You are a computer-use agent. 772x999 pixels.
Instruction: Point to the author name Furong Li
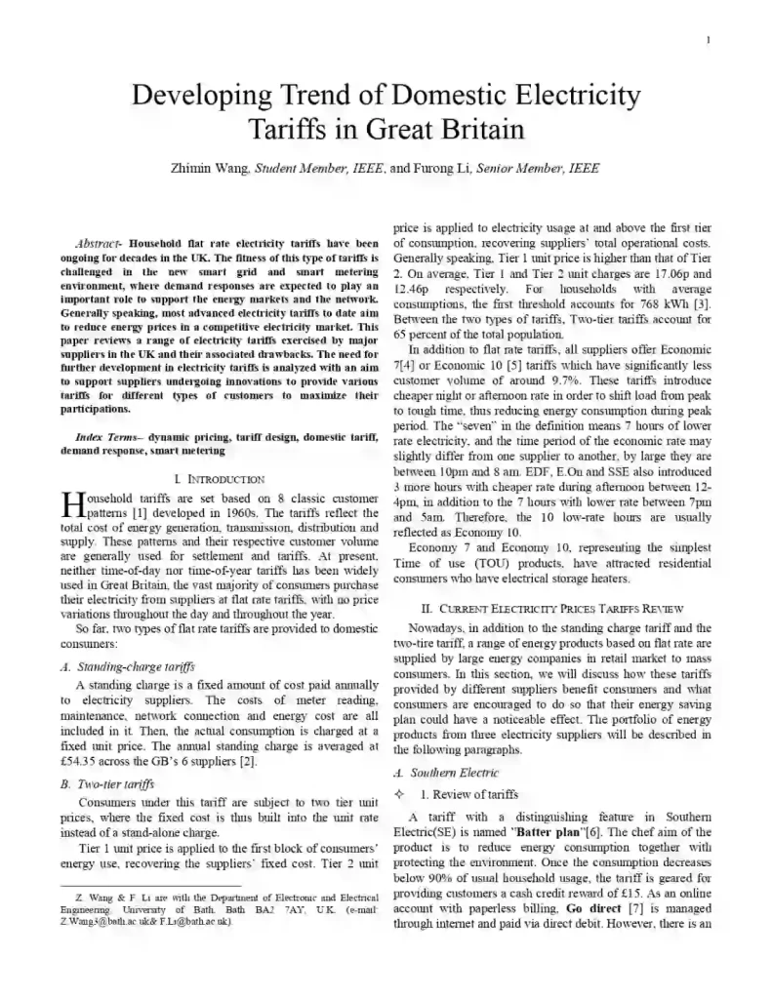pyautogui.click(x=437, y=168)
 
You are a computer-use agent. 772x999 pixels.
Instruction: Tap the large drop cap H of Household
pyautogui.click(x=72, y=503)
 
